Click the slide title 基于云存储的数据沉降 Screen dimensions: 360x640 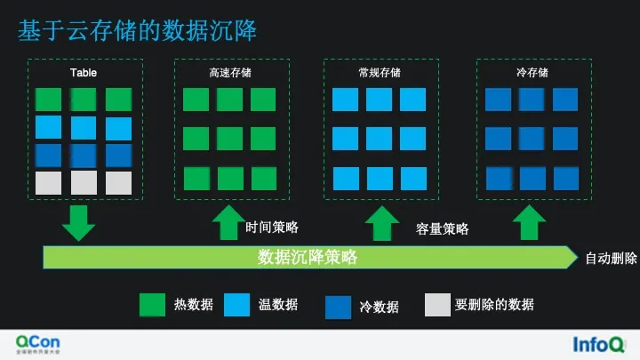[138, 32]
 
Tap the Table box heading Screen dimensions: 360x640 [84, 73]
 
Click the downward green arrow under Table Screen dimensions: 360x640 [78, 222]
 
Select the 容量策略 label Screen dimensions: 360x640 [443, 228]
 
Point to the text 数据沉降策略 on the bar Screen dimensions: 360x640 [308, 257]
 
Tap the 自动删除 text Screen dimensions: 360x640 [611, 259]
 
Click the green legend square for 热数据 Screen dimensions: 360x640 [152, 305]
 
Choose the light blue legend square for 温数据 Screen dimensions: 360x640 [237, 305]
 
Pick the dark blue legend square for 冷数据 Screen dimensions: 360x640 [339, 307]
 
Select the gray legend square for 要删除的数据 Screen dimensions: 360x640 [437, 305]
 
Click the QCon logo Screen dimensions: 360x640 [39, 342]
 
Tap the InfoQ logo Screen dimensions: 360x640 [597, 343]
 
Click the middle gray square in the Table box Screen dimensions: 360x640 [84, 183]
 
